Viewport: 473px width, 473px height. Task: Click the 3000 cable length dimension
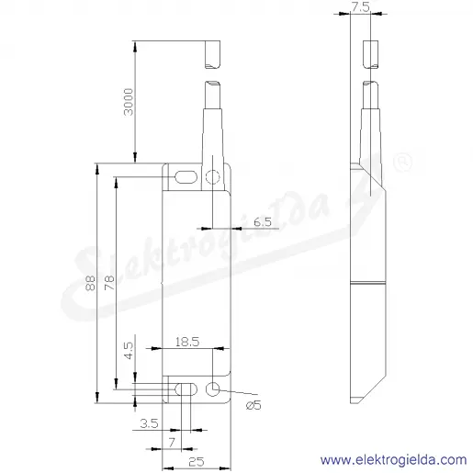click(x=129, y=102)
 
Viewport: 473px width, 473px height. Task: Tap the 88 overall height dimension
click(x=91, y=283)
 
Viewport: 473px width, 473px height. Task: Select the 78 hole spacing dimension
click(x=109, y=283)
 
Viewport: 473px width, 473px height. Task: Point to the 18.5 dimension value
click(x=187, y=342)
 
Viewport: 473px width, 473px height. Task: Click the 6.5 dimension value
click(x=263, y=221)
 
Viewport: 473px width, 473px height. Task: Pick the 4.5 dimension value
click(x=129, y=351)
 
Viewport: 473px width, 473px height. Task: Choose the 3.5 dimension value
click(x=149, y=423)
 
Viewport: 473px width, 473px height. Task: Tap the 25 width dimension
click(x=197, y=462)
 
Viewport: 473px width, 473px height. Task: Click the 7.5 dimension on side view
click(x=361, y=7)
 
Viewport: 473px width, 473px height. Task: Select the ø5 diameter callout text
click(x=253, y=405)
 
